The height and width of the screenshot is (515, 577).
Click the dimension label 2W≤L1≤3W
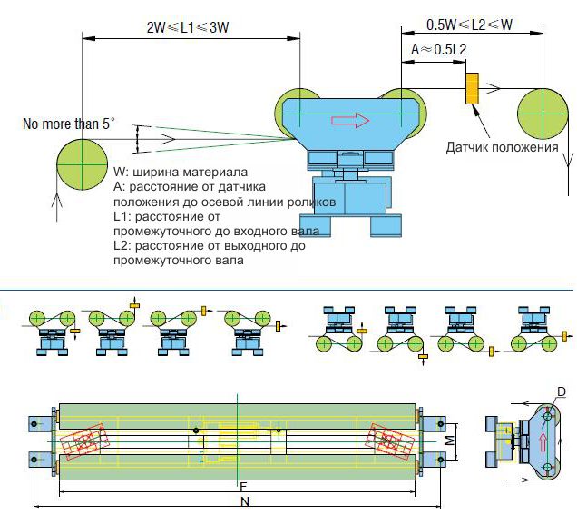[188, 27]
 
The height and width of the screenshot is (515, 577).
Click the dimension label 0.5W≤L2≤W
[470, 25]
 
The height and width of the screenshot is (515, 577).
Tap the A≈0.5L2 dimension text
[438, 49]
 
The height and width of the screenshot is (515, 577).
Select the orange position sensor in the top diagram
[472, 88]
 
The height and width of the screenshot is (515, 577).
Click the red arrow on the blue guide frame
[350, 121]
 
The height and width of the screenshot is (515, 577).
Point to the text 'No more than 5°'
[69, 124]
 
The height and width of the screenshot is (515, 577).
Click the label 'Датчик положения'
[503, 147]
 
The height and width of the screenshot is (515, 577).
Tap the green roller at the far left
[82, 164]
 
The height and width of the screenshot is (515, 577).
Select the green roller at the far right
[543, 114]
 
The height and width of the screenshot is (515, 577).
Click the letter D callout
[562, 391]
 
